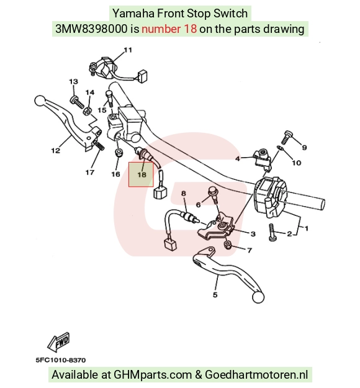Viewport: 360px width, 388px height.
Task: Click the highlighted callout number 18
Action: click(142, 174)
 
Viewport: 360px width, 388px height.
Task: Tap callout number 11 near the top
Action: click(128, 50)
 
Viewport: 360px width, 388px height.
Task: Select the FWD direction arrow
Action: click(59, 343)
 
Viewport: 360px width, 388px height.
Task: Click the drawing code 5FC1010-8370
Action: click(61, 360)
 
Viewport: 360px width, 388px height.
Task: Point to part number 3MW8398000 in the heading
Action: click(91, 29)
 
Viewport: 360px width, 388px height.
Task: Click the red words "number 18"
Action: click(169, 29)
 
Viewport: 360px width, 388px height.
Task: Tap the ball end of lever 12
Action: click(40, 101)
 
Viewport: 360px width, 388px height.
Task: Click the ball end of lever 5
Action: click(258, 297)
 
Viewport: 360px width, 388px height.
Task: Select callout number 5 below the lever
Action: click(215, 295)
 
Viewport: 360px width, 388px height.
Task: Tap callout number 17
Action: click(90, 172)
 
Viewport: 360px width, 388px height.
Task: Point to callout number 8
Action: click(183, 193)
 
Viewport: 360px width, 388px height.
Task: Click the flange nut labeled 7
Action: click(227, 245)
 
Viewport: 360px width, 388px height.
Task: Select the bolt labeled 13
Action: click(77, 102)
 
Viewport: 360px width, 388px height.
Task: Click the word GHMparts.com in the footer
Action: click(153, 374)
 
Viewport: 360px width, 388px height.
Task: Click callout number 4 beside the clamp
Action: click(238, 158)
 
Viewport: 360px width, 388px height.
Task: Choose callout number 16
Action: click(115, 174)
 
